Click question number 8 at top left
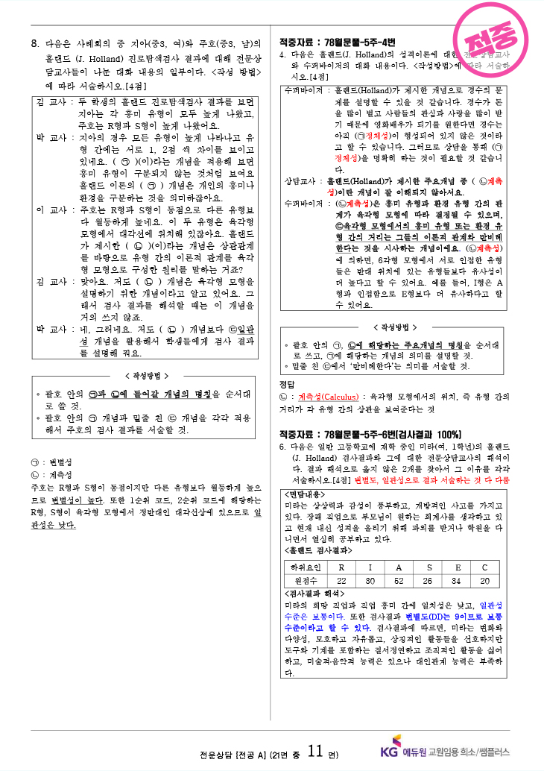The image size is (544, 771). click(34, 43)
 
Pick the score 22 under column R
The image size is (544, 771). click(341, 581)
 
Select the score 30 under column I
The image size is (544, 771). click(370, 581)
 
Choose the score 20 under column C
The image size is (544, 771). click(484, 581)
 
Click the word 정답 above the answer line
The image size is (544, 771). click(287, 383)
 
